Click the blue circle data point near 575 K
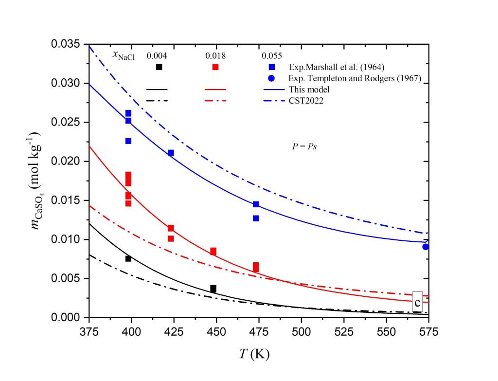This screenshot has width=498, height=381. (x=426, y=247)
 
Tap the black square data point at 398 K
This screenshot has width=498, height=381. (x=128, y=258)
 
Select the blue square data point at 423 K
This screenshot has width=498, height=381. (x=171, y=153)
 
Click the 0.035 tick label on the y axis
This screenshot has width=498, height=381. (x=66, y=45)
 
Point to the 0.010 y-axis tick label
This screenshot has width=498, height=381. (x=66, y=239)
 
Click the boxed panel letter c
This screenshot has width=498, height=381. (x=417, y=302)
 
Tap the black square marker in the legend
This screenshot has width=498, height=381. (x=159, y=67)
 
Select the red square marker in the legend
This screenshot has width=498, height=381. (x=215, y=67)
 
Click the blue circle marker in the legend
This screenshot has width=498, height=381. (x=272, y=78)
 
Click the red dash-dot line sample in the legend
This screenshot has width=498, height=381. (x=215, y=101)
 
